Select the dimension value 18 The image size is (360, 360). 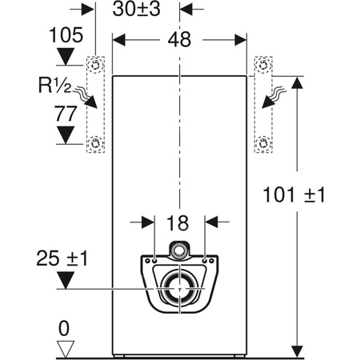(x=179, y=223)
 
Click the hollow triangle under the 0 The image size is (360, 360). (x=66, y=347)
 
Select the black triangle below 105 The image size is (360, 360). (x=66, y=54)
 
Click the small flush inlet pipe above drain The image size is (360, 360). (x=180, y=249)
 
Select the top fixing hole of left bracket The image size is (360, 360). (x=97, y=65)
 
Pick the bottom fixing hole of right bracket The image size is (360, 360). (x=262, y=144)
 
